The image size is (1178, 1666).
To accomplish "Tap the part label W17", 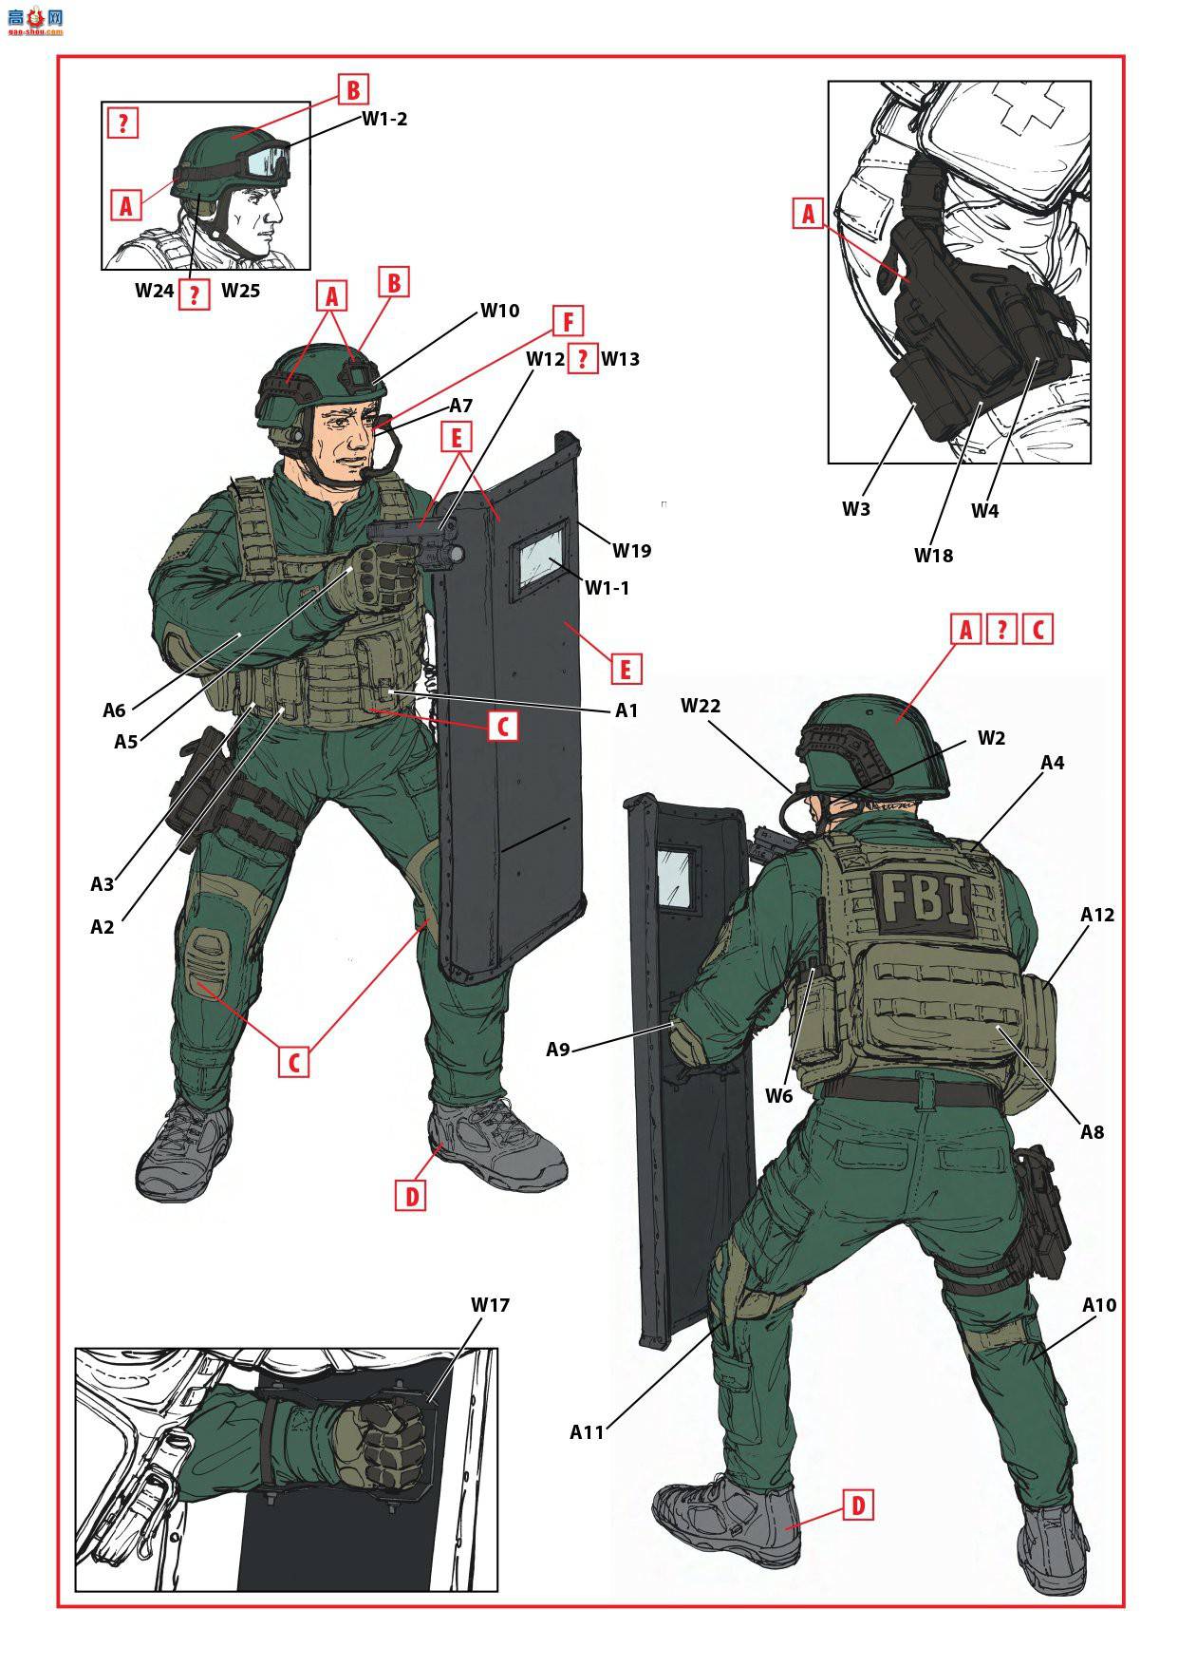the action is [491, 1304].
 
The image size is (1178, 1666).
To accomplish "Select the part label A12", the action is [1097, 914].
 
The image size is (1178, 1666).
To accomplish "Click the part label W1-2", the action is [384, 119].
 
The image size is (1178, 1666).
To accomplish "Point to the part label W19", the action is [632, 550].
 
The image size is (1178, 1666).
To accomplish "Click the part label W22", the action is [701, 705].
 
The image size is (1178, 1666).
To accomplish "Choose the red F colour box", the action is [568, 322].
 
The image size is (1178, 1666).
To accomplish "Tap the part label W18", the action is [933, 555].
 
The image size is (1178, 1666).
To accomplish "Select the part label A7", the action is [461, 405].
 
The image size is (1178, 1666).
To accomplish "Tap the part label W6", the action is [778, 1095].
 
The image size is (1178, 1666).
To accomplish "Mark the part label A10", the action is [1099, 1304].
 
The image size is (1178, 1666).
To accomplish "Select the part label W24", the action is [154, 290].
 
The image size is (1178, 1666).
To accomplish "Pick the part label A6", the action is [114, 710].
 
